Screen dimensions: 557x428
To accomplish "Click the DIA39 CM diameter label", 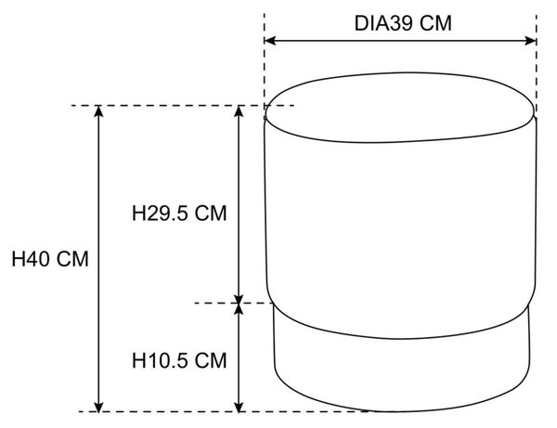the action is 403,23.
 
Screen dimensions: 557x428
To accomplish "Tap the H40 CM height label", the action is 50,259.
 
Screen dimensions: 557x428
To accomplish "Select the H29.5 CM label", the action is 179,214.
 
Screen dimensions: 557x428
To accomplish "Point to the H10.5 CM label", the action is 179,360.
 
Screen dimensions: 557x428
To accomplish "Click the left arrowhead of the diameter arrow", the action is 270,41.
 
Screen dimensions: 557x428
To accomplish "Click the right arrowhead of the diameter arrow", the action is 530,41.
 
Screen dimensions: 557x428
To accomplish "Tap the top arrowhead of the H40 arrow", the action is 98,111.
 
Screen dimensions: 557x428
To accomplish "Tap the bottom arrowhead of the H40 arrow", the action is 98,407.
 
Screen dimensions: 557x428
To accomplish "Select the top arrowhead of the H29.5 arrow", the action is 240,111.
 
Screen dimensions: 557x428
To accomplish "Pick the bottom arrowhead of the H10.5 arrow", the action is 240,407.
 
